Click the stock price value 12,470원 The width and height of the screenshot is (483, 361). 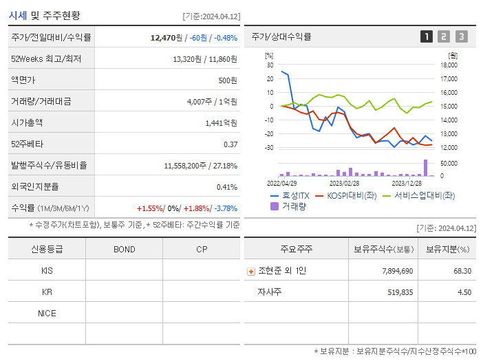tap(166, 38)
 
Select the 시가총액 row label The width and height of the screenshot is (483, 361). tap(27, 123)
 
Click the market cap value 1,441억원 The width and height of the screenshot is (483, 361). tap(221, 123)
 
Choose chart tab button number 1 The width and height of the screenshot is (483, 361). tap(427, 36)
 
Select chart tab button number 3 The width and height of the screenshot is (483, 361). tap(461, 36)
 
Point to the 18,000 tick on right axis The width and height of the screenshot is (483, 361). tap(448, 65)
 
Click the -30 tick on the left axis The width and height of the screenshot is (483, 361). tap(269, 148)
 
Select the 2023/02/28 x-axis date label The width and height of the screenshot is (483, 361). tap(344, 183)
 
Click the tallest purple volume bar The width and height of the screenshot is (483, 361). tap(425, 168)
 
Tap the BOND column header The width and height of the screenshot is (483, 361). tap(125, 249)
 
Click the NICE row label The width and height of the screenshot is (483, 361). tap(47, 313)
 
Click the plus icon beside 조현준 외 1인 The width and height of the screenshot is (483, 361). tap(250, 271)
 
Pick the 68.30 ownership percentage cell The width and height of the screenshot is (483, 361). tap(462, 271)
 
